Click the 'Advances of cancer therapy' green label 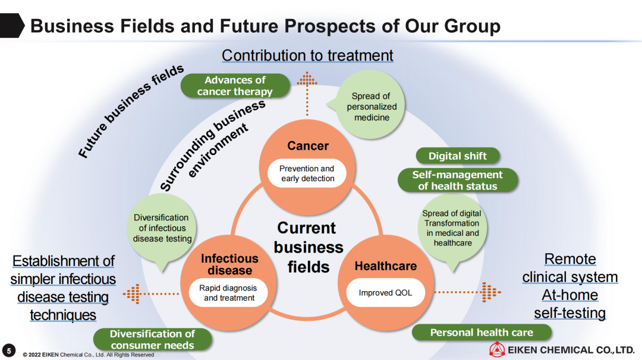coord(235,86)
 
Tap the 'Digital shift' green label coord(457,156)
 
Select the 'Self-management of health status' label coord(457,180)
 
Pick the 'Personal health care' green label coord(481,332)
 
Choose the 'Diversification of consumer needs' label coord(152,339)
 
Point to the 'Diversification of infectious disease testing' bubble coord(162,228)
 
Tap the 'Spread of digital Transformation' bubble coord(452,228)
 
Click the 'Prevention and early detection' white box coord(307,173)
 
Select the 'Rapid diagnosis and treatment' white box coord(229,292)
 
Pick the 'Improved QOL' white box coord(385,292)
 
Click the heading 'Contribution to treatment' coord(307,55)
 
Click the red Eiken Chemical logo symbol coord(497,350)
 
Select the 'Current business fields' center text coord(309,247)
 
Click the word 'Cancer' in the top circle coord(307,146)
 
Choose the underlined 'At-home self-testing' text coord(569,304)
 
